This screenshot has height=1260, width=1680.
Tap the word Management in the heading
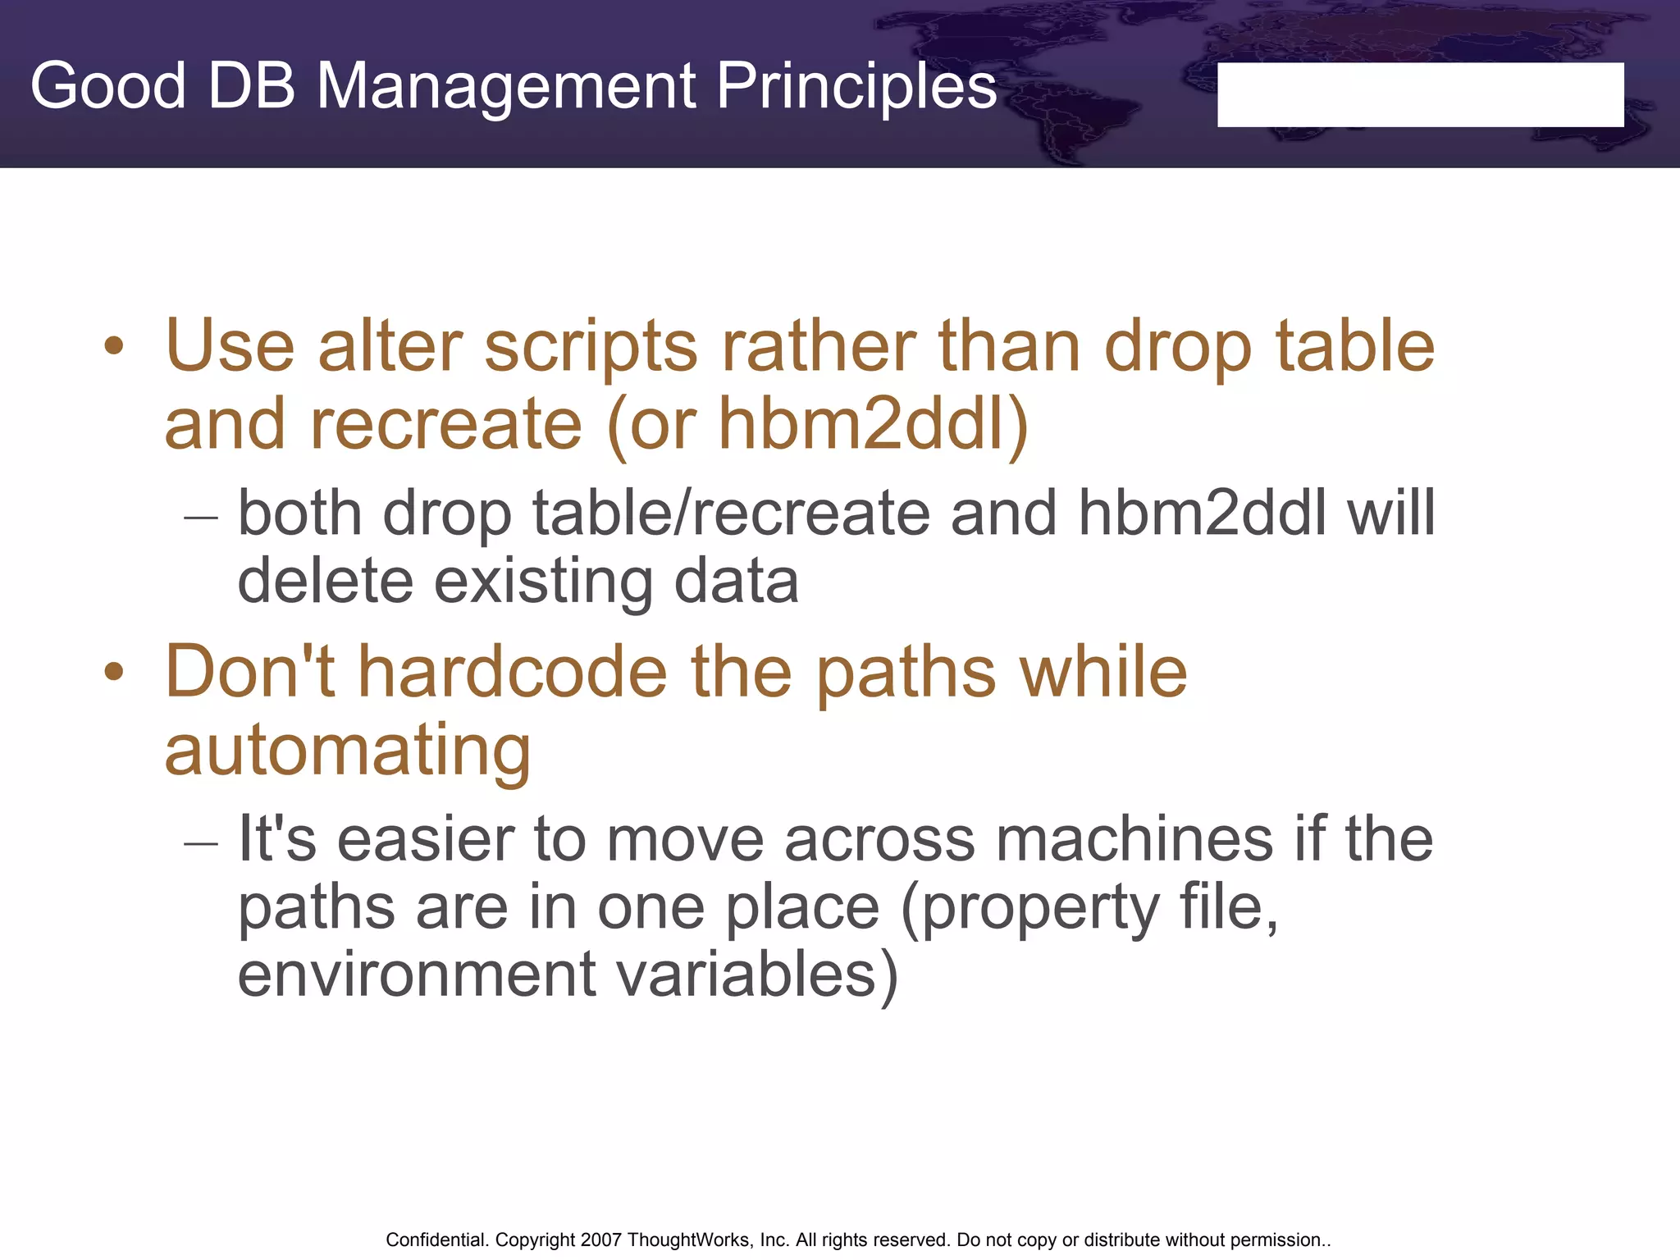coord(505,86)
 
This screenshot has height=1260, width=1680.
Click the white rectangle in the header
coord(1420,94)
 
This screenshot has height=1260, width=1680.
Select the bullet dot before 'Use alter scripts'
coord(114,346)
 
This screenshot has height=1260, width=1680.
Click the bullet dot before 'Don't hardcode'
coord(114,673)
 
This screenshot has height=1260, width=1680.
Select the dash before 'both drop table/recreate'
coord(201,518)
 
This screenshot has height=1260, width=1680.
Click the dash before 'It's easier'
coord(201,843)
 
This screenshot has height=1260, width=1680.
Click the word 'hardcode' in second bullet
coord(513,673)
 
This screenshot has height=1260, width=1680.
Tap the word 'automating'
coord(348,751)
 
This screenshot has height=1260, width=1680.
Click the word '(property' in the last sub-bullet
coord(1030,909)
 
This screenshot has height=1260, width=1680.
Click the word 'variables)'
coord(756,975)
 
